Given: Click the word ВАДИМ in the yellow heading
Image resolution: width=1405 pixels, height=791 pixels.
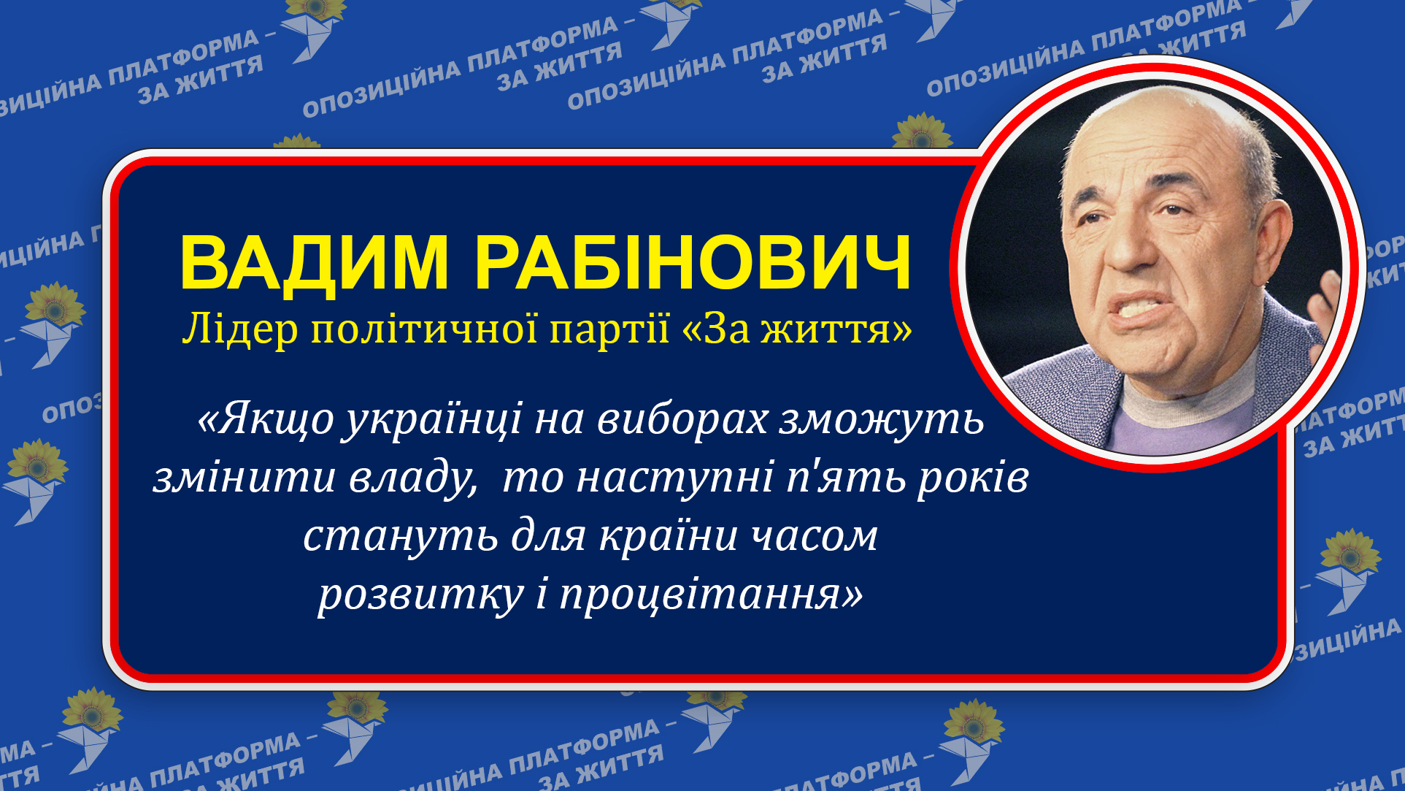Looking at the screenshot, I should pyautogui.click(x=314, y=263).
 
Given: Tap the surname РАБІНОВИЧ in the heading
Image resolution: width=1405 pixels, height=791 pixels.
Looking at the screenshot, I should pyautogui.click(x=693, y=263).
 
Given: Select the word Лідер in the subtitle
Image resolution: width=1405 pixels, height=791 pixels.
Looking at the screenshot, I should pyautogui.click(x=240, y=329).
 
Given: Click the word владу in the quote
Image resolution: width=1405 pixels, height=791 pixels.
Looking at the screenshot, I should pyautogui.click(x=412, y=479).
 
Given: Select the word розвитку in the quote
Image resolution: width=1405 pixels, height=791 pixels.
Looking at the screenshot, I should pyautogui.click(x=420, y=596).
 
